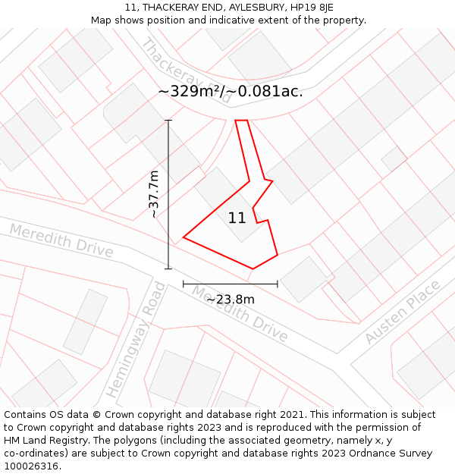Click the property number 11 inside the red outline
click(237, 218)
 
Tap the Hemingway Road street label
click(135, 340)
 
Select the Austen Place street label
click(402, 312)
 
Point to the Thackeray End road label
click(185, 69)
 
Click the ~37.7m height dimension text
click(154, 194)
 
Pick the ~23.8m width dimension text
click(230, 299)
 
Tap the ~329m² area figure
click(193, 92)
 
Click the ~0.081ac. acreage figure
click(270, 92)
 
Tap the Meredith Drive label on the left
click(61, 240)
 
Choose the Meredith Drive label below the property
click(239, 313)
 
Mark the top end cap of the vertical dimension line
click(168, 121)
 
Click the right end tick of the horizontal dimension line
click(278, 284)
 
